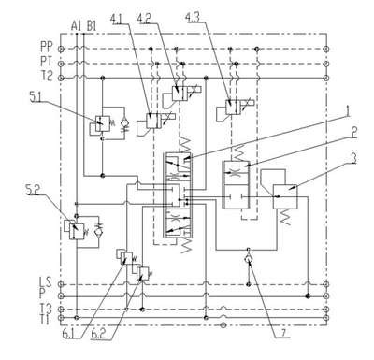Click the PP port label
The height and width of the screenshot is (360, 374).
[47, 47]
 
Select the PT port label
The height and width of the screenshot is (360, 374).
[46, 62]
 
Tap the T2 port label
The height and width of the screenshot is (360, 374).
[47, 76]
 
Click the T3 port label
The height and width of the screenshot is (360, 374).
[46, 309]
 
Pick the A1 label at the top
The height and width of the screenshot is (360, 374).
[76, 26]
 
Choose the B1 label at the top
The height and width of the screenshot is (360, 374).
[92, 26]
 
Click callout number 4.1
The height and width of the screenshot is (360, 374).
[116, 19]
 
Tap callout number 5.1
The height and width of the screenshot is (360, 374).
[36, 98]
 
